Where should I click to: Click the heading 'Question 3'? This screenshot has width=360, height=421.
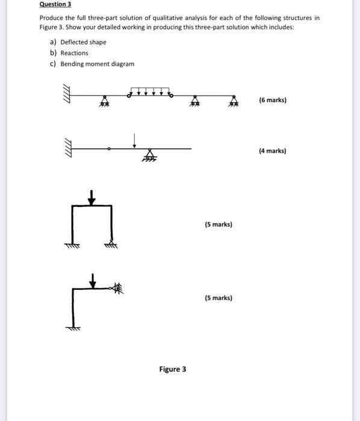pyautogui.click(x=55, y=4)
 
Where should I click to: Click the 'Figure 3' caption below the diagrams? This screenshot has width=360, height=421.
pyautogui.click(x=173, y=369)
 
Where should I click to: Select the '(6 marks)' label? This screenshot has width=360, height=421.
pyautogui.click(x=273, y=100)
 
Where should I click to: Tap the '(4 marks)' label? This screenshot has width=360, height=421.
pyautogui.click(x=273, y=151)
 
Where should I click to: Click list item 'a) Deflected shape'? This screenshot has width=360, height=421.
pyautogui.click(x=78, y=42)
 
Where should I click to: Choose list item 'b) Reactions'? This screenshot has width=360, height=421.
pyautogui.click(x=69, y=53)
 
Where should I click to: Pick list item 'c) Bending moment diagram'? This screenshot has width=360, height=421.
pyautogui.click(x=92, y=64)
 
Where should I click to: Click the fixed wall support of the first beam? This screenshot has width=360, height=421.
pyautogui.click(x=66, y=95)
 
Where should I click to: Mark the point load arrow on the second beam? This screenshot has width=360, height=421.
pyautogui.click(x=135, y=140)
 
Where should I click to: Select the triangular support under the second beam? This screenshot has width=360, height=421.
pyautogui.click(x=148, y=155)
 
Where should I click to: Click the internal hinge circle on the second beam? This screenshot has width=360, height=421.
pyautogui.click(x=109, y=148)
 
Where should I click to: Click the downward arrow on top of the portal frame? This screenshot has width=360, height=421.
pyautogui.click(x=91, y=197)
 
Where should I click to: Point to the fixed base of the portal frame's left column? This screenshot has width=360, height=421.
pyautogui.click(x=72, y=244)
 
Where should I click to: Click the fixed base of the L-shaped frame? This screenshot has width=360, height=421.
pyautogui.click(x=73, y=328)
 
